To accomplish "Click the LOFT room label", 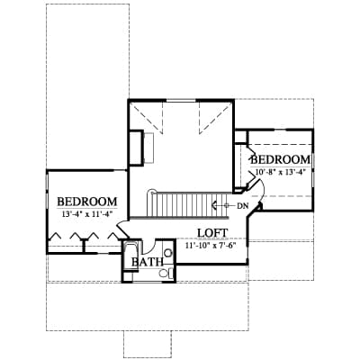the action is point(212,233).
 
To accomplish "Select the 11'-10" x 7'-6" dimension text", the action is point(211,246).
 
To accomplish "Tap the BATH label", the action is point(148,262).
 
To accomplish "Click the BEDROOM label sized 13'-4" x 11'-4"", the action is point(87,202).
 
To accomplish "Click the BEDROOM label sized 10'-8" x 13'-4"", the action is point(281,159).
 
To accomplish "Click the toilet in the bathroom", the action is point(166,274).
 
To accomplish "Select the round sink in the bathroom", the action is point(168,254).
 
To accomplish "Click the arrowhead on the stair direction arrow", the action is point(214,206).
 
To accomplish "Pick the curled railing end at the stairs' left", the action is point(153,192).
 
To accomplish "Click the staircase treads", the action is point(190,204).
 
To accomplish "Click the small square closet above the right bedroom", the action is point(240,137).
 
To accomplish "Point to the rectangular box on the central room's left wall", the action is point(136,148).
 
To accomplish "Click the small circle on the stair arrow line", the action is point(227,206).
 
